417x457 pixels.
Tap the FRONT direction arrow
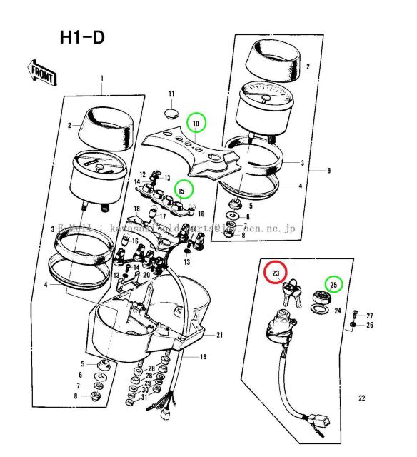click(x=42, y=71)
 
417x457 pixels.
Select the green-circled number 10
click(x=196, y=124)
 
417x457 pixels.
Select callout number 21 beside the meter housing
click(x=220, y=335)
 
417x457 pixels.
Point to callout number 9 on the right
click(x=328, y=171)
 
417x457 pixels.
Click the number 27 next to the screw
click(x=369, y=316)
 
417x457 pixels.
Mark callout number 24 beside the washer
click(x=338, y=311)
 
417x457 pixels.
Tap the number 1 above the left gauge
click(x=101, y=78)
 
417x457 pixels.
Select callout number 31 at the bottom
click(x=144, y=398)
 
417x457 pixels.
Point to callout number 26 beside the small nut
click(x=369, y=326)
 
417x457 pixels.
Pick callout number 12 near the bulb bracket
click(x=142, y=174)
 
